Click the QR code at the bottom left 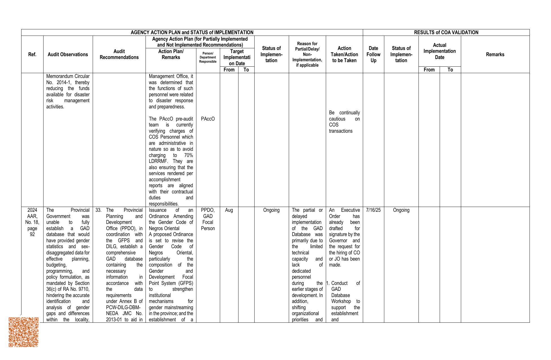[x=23, y=332]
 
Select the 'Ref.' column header [x=32, y=54]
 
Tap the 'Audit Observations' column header [x=68, y=54]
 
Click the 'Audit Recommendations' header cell [x=119, y=54]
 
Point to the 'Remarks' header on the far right [x=495, y=54]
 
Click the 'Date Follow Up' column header [x=373, y=54]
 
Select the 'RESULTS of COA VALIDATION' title [x=446, y=32]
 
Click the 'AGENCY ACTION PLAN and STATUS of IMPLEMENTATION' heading [x=192, y=32]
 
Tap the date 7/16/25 [x=373, y=210]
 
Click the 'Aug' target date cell [x=229, y=210]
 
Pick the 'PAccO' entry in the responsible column [x=208, y=119]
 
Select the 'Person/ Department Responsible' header [x=208, y=57]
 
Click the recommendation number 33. [x=98, y=210]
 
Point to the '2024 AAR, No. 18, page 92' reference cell [x=32, y=222]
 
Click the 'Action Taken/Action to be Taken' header [x=344, y=54]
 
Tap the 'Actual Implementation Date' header [x=439, y=51]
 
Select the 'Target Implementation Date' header [x=237, y=57]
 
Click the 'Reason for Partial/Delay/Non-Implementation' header [x=307, y=54]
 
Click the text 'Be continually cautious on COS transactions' [x=344, y=122]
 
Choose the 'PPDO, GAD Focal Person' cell [x=208, y=219]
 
